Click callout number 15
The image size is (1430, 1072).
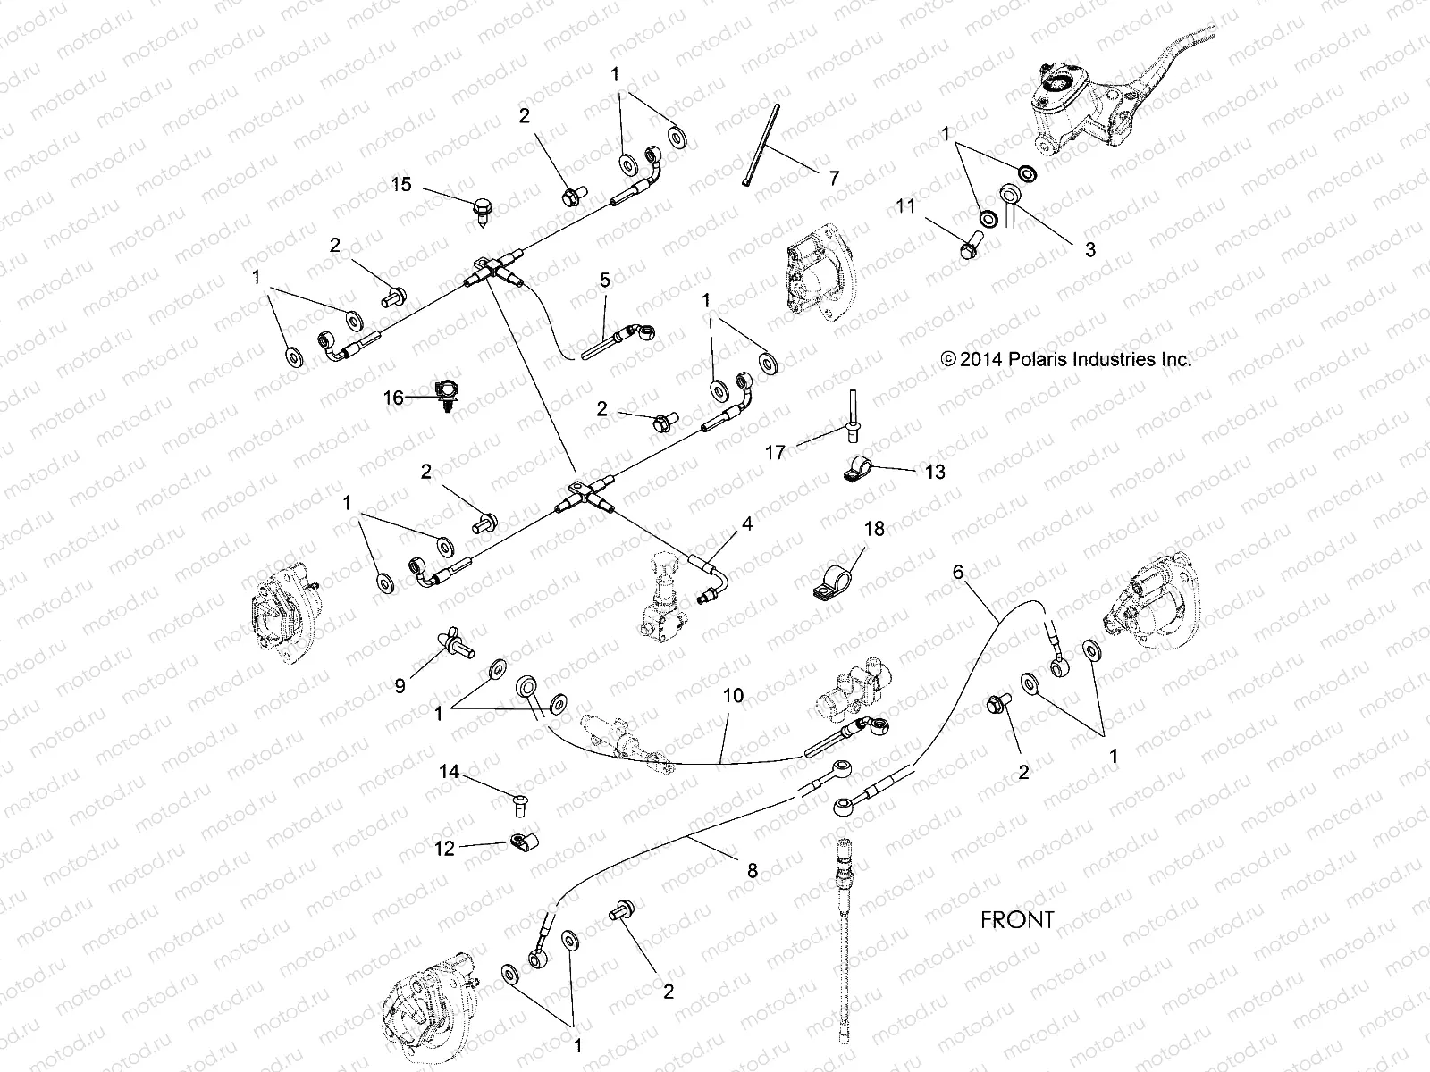[401, 184]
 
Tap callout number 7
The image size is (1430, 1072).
[833, 177]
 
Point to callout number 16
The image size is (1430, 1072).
[394, 398]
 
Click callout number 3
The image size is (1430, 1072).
[1089, 249]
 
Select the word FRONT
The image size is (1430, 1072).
[1017, 919]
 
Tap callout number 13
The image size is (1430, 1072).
[934, 471]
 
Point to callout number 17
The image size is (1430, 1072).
[775, 453]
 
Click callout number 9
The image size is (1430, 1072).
[400, 685]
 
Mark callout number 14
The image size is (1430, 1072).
[449, 771]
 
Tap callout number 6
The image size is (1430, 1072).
[958, 572]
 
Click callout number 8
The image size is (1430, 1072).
[752, 869]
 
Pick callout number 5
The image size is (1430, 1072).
[605, 280]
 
